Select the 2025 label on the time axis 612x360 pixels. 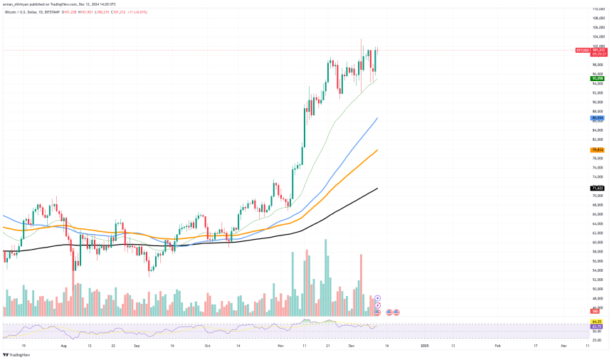424,345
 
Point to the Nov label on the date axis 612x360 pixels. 281,345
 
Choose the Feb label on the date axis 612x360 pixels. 498,345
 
